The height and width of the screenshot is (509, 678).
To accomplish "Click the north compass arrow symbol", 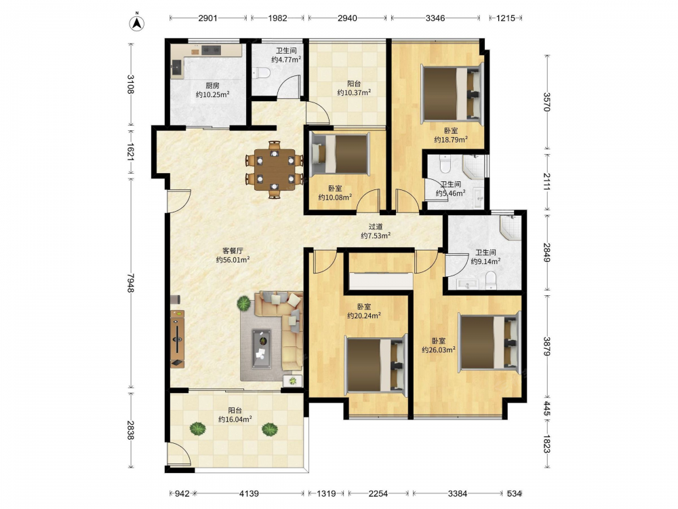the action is [x=137, y=22].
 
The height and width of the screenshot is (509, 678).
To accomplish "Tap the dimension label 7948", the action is [x=131, y=282].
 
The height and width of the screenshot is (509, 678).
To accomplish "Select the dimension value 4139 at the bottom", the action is [x=249, y=493].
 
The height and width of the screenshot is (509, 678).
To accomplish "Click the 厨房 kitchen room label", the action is [x=212, y=86].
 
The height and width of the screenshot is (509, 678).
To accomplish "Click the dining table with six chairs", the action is [x=275, y=170].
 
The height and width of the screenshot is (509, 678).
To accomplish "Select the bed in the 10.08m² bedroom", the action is [x=340, y=154].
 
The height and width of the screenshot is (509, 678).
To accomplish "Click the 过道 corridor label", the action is [x=376, y=227].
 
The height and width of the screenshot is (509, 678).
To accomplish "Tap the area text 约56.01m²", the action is [x=233, y=260].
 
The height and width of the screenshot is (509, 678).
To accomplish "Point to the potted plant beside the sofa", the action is [x=244, y=303].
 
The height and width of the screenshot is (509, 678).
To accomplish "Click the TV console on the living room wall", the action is [x=177, y=339].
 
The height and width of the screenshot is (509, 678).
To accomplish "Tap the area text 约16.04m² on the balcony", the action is [x=235, y=419].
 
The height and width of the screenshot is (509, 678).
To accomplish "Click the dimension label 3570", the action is [x=546, y=102].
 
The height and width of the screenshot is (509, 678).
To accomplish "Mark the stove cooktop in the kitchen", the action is [x=211, y=50].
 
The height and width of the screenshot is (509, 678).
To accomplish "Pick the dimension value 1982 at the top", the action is [x=277, y=18].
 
